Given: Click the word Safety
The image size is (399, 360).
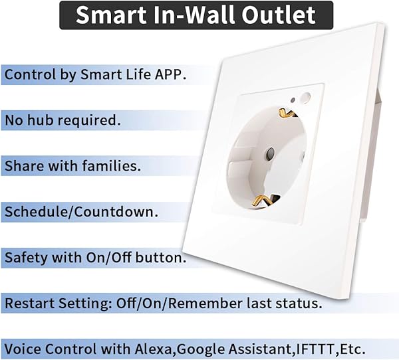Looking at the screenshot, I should pyautogui.click(x=25, y=257).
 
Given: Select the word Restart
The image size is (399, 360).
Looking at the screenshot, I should pyautogui.click(x=28, y=304).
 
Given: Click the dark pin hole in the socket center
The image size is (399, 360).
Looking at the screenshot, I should pyautogui.click(x=269, y=155).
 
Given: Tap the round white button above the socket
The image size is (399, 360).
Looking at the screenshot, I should pyautogui.click(x=305, y=98).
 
